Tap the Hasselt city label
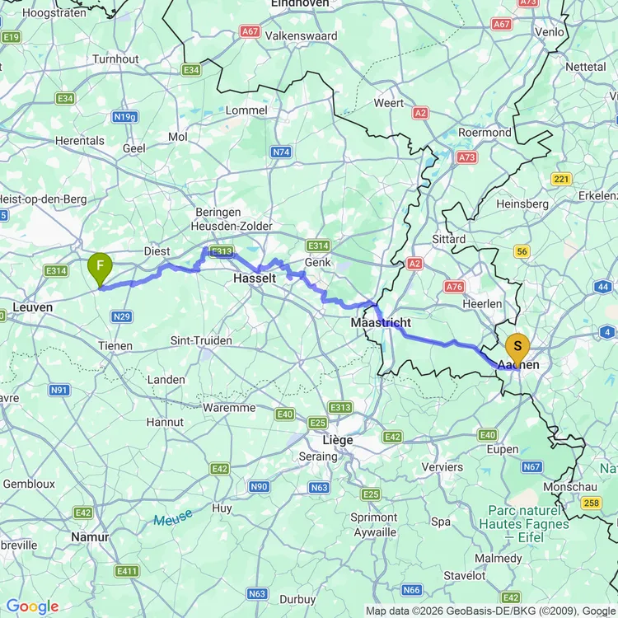255,279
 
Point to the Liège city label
337,440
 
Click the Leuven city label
33,307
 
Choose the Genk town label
318,262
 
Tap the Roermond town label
485,133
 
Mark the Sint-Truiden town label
201,340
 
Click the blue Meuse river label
172,518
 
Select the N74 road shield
281,152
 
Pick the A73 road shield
467,157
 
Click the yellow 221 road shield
562,179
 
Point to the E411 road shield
128,571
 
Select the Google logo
32,606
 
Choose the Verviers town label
442,466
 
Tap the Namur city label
91,536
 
